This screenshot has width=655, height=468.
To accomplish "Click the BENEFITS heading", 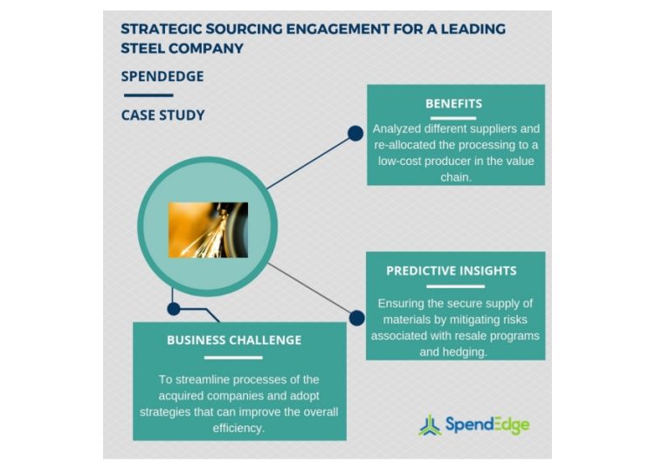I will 453,103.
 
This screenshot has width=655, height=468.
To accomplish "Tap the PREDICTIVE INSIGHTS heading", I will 451,271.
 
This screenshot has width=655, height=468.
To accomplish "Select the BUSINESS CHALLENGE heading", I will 233,341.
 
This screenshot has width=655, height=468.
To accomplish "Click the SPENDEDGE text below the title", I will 162,76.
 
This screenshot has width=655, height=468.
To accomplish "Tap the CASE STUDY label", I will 162,115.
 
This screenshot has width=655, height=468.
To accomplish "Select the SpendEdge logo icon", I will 429,425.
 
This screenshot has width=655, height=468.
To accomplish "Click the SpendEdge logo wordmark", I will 487,425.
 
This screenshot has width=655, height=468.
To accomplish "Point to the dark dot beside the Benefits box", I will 355,134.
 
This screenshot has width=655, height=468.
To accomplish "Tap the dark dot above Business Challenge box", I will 174,308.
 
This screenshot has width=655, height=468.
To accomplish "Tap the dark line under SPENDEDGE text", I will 148,94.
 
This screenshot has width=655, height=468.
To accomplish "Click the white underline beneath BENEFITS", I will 453,117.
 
